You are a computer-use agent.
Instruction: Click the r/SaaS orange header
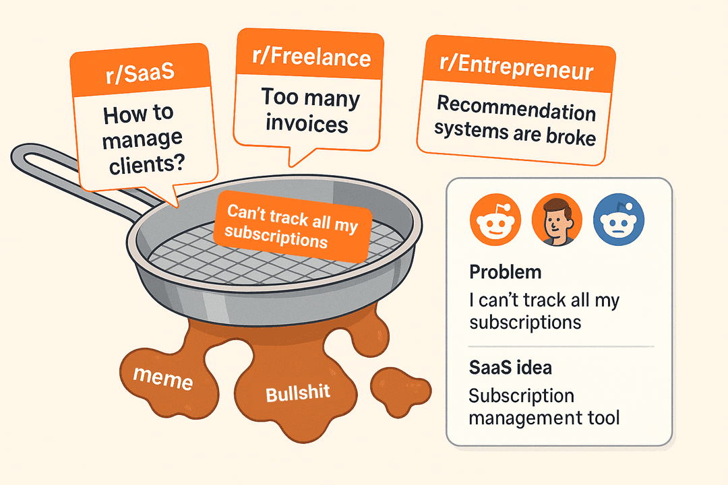tap(140, 73)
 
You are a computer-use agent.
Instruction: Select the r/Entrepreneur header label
tap(518, 69)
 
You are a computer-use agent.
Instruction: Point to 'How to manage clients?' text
tap(144, 138)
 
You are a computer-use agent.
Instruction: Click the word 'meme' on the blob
tap(162, 379)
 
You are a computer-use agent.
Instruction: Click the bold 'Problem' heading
tap(505, 273)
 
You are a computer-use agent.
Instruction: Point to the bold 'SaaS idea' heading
tap(511, 369)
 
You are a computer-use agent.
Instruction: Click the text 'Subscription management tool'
tap(543, 406)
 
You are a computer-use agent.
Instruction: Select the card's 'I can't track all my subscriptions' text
tap(543, 311)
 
